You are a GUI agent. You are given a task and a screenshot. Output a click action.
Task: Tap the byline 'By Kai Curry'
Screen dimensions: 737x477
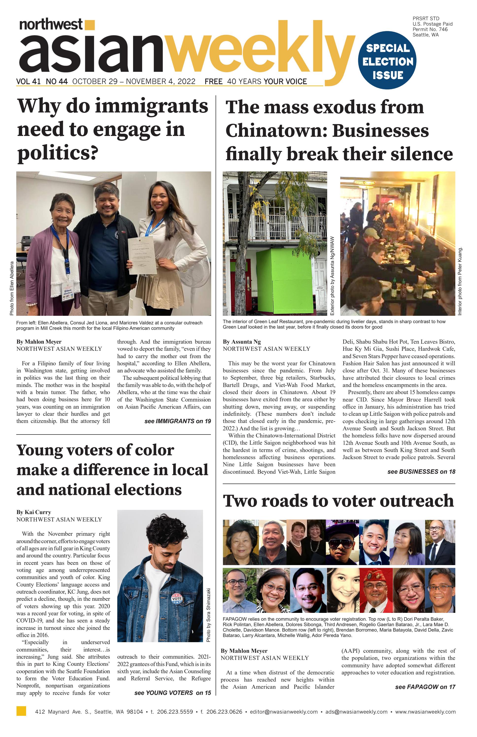34,512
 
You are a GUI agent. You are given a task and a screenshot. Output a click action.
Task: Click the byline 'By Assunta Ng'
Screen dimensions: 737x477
242,342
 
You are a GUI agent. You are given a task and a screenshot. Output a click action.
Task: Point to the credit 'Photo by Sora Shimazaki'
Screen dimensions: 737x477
208,615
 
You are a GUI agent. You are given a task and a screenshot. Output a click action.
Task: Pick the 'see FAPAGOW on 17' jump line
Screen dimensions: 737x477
425,687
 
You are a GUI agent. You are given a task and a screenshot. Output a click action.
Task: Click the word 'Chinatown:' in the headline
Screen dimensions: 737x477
276,131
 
